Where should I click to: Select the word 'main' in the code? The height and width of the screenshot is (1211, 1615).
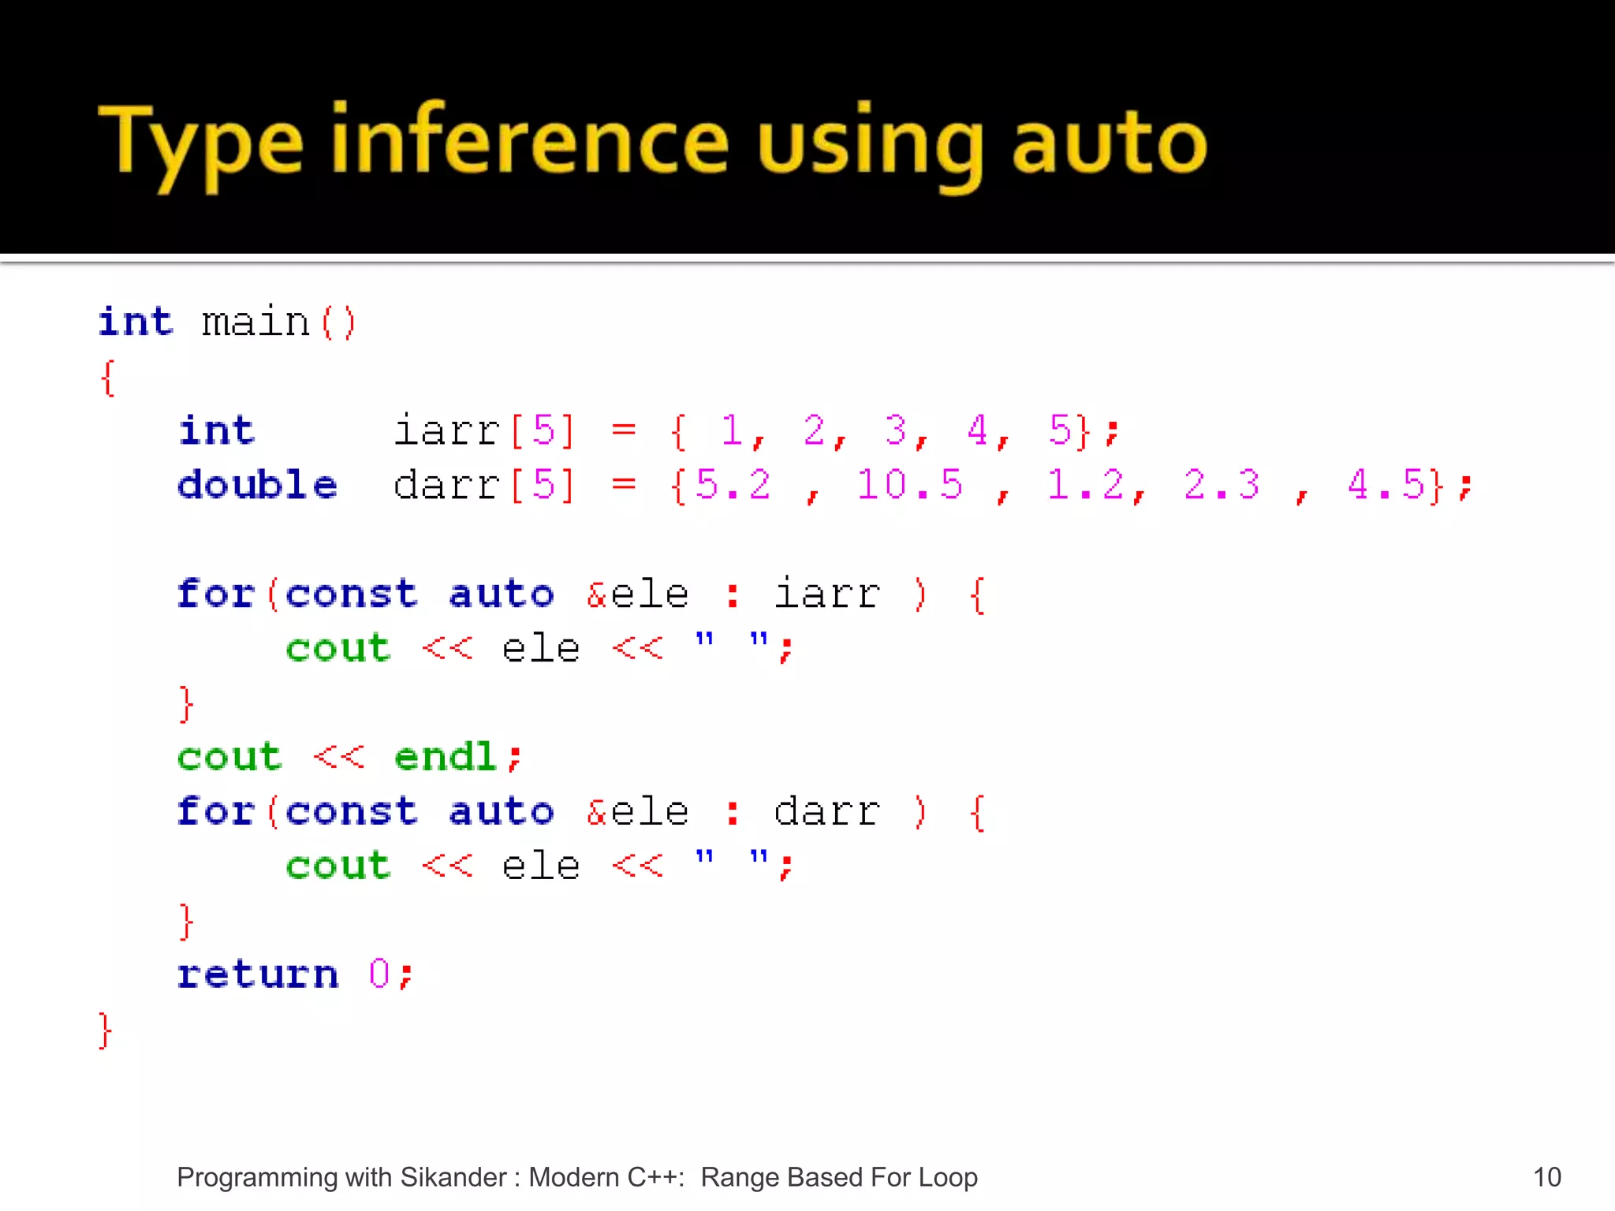[x=255, y=322]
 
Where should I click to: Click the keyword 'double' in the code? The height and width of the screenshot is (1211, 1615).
[x=257, y=484]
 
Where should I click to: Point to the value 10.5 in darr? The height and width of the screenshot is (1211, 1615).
[x=909, y=484]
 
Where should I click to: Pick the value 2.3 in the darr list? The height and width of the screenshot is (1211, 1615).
[x=1222, y=484]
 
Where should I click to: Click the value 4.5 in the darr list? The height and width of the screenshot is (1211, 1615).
[x=1386, y=484]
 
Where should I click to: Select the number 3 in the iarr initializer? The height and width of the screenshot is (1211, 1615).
[x=895, y=430]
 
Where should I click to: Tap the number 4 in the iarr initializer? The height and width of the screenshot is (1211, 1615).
[x=977, y=430]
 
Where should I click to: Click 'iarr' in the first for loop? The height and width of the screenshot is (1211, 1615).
[x=827, y=594]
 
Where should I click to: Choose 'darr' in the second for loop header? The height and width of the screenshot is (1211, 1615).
[x=827, y=811]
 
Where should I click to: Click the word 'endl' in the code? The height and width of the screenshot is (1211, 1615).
[x=446, y=757]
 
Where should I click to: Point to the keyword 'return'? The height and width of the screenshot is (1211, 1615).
[x=258, y=974]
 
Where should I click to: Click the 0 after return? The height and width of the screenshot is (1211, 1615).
[x=379, y=974]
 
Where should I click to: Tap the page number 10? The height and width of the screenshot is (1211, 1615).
[x=1546, y=1177]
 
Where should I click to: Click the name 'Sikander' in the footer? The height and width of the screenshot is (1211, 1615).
[x=453, y=1177]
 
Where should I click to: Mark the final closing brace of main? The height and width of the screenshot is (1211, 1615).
[x=106, y=1030]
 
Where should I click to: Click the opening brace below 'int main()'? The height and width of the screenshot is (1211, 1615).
[x=108, y=378]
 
